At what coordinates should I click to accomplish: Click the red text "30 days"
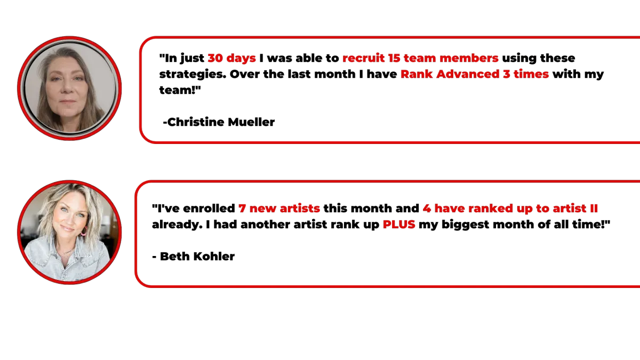(231, 58)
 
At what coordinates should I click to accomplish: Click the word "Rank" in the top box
(417, 74)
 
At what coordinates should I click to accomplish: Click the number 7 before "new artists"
(243, 209)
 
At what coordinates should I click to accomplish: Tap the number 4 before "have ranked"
(427, 209)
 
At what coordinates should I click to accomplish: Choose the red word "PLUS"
(399, 225)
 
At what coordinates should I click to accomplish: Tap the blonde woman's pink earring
(84, 231)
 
